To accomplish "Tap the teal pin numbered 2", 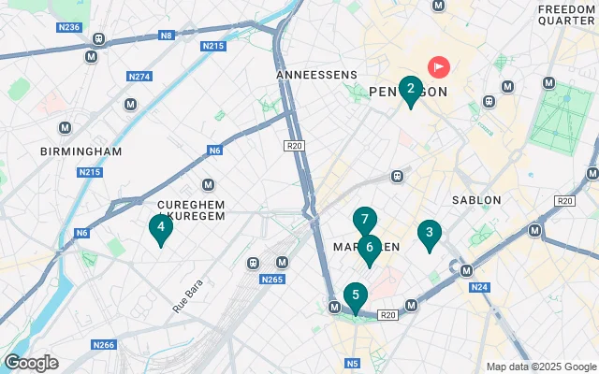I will click(x=410, y=90).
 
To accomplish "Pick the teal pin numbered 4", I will click(x=161, y=226).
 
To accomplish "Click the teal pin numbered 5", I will click(x=355, y=295).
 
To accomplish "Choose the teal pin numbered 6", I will click(x=370, y=248).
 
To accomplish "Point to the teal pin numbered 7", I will click(x=365, y=221).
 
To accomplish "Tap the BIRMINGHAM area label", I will click(x=81, y=151).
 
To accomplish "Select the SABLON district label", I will click(x=476, y=200).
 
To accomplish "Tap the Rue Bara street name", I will click(x=187, y=294).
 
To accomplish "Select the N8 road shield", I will click(x=168, y=36).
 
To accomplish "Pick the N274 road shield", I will click(x=139, y=76).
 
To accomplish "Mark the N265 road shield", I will click(x=272, y=279).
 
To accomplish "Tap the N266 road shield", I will click(x=103, y=345).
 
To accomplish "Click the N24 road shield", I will click(x=480, y=288).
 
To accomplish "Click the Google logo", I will click(x=31, y=363).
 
